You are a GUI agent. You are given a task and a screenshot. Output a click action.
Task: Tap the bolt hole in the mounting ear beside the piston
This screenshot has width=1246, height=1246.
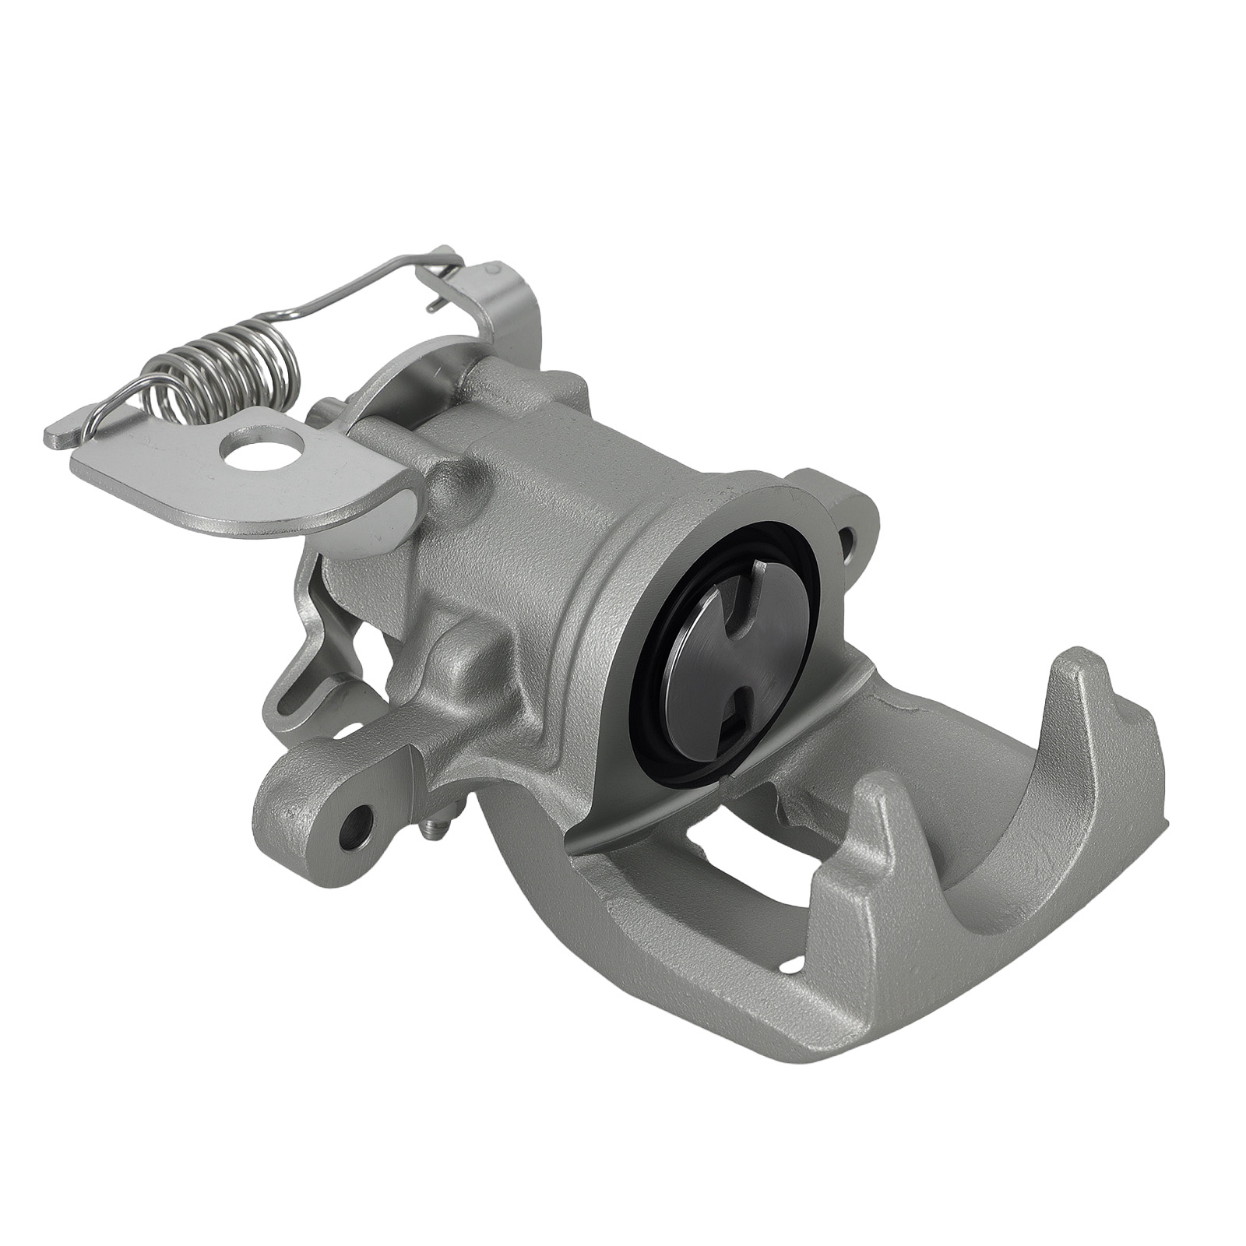click(x=848, y=537)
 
